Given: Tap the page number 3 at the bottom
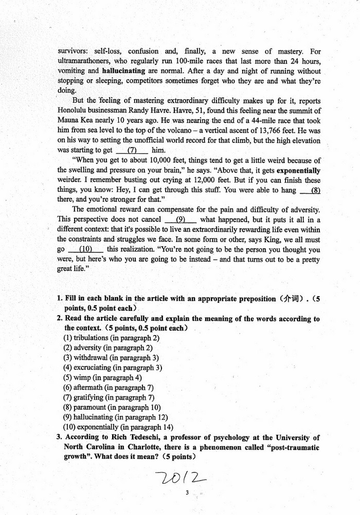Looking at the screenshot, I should click(188, 493).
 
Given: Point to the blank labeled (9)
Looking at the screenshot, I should click(181, 219).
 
